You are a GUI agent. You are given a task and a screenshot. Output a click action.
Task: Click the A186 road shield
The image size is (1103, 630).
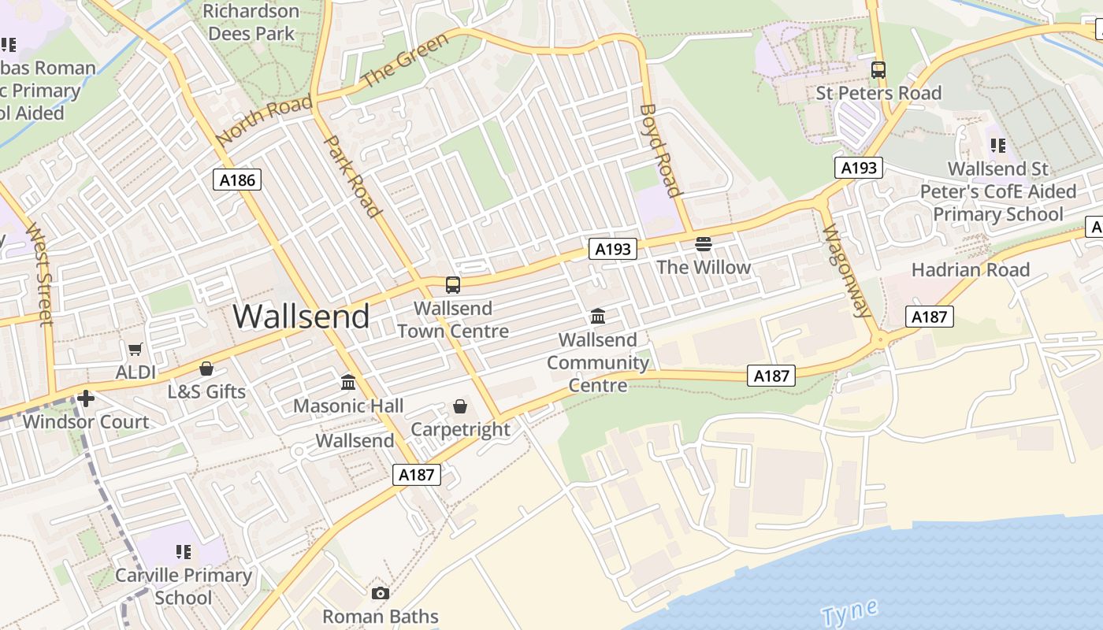tap(237, 180)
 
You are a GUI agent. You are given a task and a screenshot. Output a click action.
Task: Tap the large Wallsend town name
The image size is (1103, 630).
tap(301, 317)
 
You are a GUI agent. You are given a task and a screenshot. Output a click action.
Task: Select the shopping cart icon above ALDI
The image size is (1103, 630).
tap(136, 349)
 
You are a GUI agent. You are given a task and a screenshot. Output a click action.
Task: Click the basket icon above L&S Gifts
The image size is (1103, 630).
tap(206, 369)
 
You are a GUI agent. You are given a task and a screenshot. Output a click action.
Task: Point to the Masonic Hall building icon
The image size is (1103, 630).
tap(348, 383)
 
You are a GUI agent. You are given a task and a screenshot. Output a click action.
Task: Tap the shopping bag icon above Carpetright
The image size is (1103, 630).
tap(460, 406)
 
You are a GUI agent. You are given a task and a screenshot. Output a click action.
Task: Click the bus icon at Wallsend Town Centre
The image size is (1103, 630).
tap(453, 285)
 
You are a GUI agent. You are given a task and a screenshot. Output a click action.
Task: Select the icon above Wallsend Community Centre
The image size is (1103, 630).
tap(598, 317)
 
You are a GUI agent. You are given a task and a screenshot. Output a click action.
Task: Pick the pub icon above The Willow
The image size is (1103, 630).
tap(704, 244)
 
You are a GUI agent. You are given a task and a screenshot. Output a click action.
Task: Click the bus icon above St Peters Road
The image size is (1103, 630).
tap(878, 70)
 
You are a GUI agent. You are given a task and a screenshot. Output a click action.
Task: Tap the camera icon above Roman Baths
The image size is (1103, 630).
tap(381, 593)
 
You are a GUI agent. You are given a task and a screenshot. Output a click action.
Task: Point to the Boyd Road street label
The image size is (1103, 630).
tap(659, 150)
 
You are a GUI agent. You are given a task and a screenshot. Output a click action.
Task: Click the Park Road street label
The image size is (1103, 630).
tap(353, 176)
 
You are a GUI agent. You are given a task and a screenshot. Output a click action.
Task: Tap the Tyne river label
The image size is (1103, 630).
tap(849, 612)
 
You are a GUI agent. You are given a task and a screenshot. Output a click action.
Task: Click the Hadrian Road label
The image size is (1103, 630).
tap(970, 270)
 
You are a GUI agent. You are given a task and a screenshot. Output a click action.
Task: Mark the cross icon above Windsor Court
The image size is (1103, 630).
tap(86, 398)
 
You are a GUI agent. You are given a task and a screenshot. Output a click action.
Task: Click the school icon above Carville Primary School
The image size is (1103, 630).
tap(184, 552)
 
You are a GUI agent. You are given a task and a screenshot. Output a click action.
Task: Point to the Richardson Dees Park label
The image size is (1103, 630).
tap(251, 22)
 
